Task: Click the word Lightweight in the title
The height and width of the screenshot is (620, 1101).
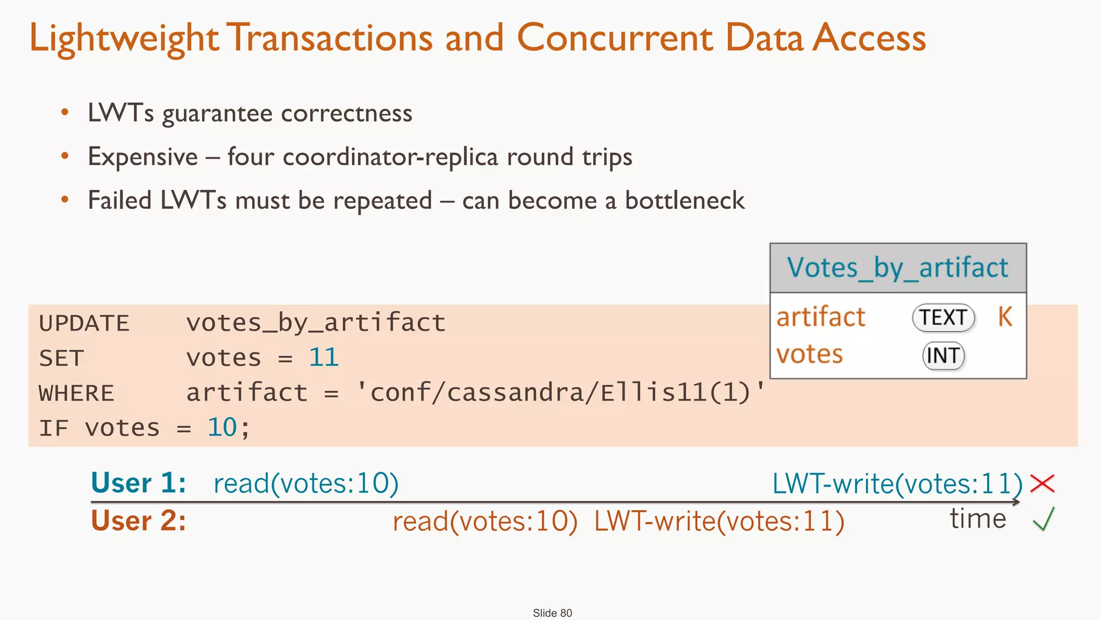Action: (x=124, y=39)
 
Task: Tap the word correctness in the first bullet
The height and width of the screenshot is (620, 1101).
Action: (x=346, y=114)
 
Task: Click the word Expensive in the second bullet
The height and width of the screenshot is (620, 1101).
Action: (x=143, y=157)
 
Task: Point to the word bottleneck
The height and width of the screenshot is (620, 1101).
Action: (x=684, y=201)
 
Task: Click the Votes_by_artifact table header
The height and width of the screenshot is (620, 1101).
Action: (x=898, y=268)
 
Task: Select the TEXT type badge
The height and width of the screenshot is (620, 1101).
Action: (x=943, y=318)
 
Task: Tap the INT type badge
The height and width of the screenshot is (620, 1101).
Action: (x=943, y=356)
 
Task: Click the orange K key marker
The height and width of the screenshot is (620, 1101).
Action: (x=1005, y=316)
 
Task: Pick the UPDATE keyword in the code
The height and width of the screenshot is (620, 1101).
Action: (x=84, y=323)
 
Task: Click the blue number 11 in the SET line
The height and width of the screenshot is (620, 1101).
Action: (x=324, y=357)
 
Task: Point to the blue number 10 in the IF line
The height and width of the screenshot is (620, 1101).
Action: (x=222, y=428)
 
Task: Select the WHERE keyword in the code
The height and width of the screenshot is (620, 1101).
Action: (x=76, y=393)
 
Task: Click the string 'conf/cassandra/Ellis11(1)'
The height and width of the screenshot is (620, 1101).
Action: (x=561, y=392)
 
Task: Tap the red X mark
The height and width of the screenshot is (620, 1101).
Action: (x=1042, y=483)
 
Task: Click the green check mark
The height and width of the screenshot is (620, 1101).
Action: (x=1043, y=519)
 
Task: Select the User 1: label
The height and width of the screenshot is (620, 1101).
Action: (x=138, y=483)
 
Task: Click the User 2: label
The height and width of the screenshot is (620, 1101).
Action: (x=138, y=521)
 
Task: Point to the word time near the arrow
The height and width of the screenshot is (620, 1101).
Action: (x=977, y=519)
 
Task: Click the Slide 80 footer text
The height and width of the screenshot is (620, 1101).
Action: (x=552, y=613)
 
